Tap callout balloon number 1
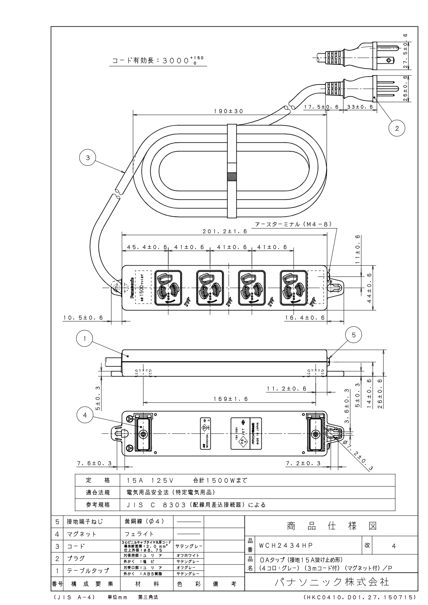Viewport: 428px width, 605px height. [84, 338]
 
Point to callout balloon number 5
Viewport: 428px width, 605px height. [354, 335]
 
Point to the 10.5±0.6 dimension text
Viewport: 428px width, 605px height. [83, 317]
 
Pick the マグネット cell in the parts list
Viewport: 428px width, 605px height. [82, 534]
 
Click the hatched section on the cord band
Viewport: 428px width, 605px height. [232, 177]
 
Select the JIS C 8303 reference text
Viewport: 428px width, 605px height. [196, 505]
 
